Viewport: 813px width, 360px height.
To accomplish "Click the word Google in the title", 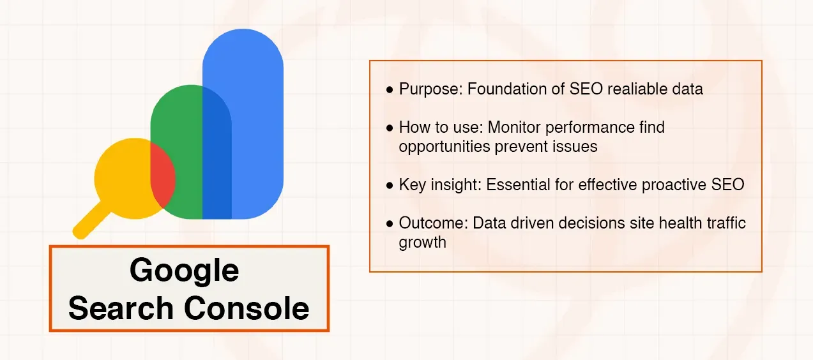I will [x=184, y=271].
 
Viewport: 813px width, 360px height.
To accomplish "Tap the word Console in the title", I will [x=248, y=308].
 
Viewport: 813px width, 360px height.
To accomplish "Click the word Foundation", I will [x=508, y=89].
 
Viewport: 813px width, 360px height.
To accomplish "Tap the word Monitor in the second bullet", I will [x=514, y=128].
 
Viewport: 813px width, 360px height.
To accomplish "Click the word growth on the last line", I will [x=422, y=242].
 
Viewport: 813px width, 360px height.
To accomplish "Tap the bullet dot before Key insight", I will [x=390, y=186].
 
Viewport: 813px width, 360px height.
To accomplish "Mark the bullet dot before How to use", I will [x=390, y=128].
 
